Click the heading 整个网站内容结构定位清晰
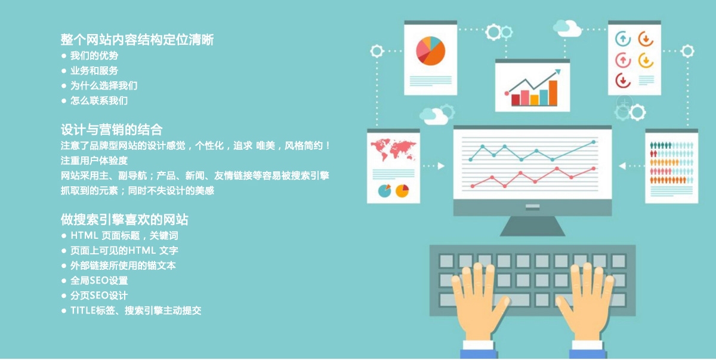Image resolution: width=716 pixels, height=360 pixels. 137,40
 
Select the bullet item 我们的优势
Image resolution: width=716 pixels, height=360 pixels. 94,56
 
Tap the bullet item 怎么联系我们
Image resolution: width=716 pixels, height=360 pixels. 99,101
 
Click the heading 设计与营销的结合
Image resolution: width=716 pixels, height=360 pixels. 112,130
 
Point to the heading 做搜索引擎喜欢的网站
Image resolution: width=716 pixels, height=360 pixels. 125,219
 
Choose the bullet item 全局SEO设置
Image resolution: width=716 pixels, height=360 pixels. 99,281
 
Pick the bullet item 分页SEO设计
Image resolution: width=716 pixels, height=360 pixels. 99,296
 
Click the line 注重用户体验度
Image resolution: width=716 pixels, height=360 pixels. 94,161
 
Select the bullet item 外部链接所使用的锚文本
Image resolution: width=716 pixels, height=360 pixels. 123,266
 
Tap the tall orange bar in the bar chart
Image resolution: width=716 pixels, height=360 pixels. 553,93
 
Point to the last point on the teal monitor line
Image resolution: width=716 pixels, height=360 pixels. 594,142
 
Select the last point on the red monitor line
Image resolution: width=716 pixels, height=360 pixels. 594,168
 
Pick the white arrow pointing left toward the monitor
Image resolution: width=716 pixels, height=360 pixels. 622,166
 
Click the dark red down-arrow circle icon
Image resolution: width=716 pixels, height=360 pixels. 622,79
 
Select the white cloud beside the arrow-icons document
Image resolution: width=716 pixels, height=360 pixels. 566,27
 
